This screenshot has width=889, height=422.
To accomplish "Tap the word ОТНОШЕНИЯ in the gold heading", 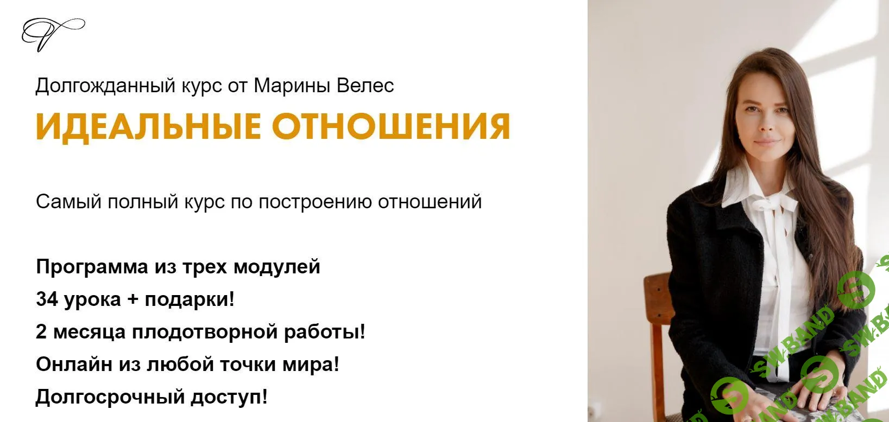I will pyautogui.click(x=391, y=126).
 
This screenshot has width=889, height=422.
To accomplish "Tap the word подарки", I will pyautogui.click(x=189, y=299).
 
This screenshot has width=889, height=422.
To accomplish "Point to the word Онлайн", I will pyautogui.click(x=74, y=364).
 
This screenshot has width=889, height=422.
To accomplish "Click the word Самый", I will pyautogui.click(x=69, y=202).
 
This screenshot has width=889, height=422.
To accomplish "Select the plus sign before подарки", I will pyautogui.click(x=133, y=299).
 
